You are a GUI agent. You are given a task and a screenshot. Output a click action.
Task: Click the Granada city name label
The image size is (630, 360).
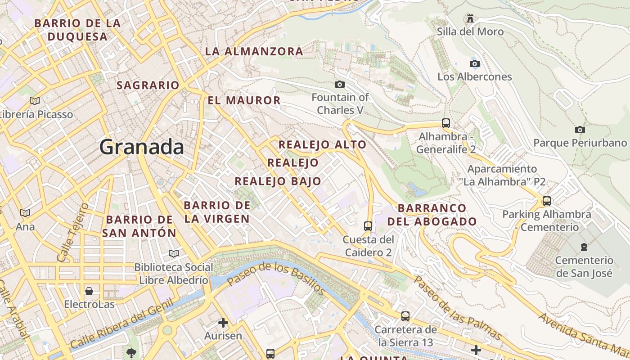coord(142,147)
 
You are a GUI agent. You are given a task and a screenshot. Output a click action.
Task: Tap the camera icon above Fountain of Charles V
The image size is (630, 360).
coord(340,84)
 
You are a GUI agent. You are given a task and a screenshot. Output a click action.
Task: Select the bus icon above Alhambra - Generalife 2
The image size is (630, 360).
coord(446,123)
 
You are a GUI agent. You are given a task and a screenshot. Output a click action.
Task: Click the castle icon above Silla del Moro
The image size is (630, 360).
coord(470,18)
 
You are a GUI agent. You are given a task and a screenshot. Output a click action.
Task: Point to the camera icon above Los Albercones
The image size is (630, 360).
coord(474,63)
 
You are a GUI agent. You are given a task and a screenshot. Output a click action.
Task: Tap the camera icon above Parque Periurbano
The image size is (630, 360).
coord(580,130)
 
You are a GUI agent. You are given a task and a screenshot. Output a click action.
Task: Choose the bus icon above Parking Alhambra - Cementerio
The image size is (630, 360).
coord(547,201)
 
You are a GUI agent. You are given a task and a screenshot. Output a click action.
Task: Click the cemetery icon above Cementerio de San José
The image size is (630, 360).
coord(584,247)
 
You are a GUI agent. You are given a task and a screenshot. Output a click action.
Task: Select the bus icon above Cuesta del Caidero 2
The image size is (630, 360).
coord(368,226)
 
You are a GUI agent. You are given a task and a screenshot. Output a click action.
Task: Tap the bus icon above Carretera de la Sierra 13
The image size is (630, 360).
coord(405,316)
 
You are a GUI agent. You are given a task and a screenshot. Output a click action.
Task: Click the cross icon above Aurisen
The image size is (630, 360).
coord(223,322)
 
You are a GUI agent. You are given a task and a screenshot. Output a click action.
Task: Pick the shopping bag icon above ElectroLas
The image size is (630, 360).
coord(89,291)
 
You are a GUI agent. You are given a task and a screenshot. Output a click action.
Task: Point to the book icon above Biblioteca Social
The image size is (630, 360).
coord(174,253)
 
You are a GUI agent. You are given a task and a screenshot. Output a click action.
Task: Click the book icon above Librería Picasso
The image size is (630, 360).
coord(35,101)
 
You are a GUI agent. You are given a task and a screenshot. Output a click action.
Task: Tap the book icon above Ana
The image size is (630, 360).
coord(25,212)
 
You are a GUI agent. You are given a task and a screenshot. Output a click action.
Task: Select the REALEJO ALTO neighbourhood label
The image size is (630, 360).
coord(322,144)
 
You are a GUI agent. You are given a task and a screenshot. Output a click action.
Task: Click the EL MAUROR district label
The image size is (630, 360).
coord(244,100)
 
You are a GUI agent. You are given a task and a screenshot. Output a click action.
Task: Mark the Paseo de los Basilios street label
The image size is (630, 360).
coord(276,279)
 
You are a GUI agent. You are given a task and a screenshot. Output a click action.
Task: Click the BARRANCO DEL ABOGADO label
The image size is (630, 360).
coord(432,215)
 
